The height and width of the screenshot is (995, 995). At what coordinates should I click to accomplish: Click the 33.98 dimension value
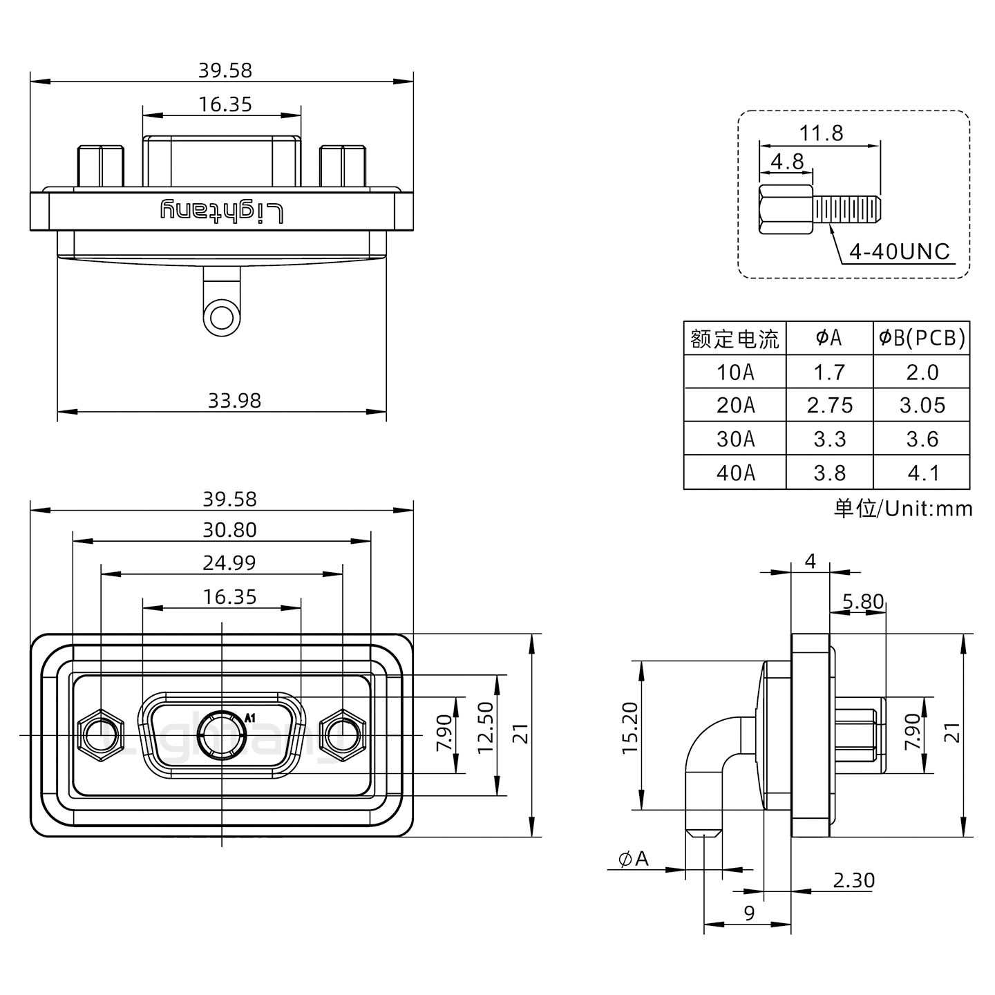(x=234, y=400)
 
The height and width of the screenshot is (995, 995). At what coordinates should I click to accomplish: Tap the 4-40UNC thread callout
(x=899, y=252)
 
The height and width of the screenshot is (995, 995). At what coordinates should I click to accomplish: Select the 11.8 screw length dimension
(x=821, y=133)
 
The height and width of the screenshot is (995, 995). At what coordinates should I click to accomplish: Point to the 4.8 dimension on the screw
(x=787, y=161)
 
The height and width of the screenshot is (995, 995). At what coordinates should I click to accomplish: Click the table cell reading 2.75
(x=829, y=405)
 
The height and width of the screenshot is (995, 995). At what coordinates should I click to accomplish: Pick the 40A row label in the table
(x=735, y=473)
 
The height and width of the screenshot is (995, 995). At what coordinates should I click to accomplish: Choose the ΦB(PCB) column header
(x=922, y=338)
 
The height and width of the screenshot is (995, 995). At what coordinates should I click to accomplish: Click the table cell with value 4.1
(x=922, y=473)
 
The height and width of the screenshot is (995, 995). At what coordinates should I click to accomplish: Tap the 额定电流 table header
(x=735, y=339)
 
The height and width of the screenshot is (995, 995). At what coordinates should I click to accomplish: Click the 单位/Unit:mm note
(x=902, y=509)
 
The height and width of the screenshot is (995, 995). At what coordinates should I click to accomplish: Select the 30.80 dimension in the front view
(x=229, y=530)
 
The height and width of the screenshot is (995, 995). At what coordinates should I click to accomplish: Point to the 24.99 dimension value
(x=229, y=563)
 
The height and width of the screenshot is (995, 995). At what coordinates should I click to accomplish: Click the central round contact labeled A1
(x=222, y=735)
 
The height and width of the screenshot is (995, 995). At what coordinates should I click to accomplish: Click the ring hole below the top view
(x=222, y=319)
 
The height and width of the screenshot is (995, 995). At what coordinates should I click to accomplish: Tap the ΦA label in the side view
(x=634, y=859)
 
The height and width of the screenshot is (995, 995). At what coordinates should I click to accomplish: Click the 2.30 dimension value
(x=853, y=880)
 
